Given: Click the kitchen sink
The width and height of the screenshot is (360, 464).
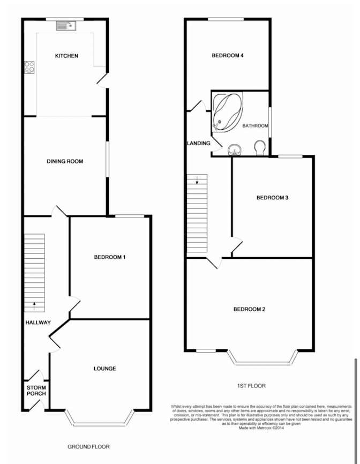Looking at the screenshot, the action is [66, 26].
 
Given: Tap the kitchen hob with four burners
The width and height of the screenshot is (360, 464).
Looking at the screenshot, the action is [29, 67].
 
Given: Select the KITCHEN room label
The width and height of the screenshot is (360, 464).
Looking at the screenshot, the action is [66, 56].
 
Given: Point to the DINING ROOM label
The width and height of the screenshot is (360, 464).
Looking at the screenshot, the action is [65, 161].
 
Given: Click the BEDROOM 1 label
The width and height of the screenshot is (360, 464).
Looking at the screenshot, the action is [110, 257].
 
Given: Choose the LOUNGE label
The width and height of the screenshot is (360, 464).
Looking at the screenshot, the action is [104, 369].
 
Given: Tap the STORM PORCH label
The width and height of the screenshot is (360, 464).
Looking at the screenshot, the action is [36, 391].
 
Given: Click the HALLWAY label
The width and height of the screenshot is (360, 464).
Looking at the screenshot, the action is [38, 323].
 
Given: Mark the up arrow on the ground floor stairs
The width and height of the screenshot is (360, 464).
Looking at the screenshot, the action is [34, 306].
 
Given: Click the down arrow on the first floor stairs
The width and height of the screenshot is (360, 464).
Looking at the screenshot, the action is [197, 179].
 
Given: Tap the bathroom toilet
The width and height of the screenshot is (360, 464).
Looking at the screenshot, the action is [260, 147].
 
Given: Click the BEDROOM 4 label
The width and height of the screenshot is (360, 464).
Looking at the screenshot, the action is [228, 55].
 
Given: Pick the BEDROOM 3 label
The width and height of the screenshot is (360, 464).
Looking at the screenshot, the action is [272, 198].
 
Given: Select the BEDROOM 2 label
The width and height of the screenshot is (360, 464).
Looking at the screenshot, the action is [249, 309].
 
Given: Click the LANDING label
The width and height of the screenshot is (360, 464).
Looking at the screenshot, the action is [199, 143].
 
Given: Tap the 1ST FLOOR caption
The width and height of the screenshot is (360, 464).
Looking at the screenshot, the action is [251, 386].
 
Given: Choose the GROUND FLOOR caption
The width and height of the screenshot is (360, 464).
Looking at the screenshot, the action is [89, 447].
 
